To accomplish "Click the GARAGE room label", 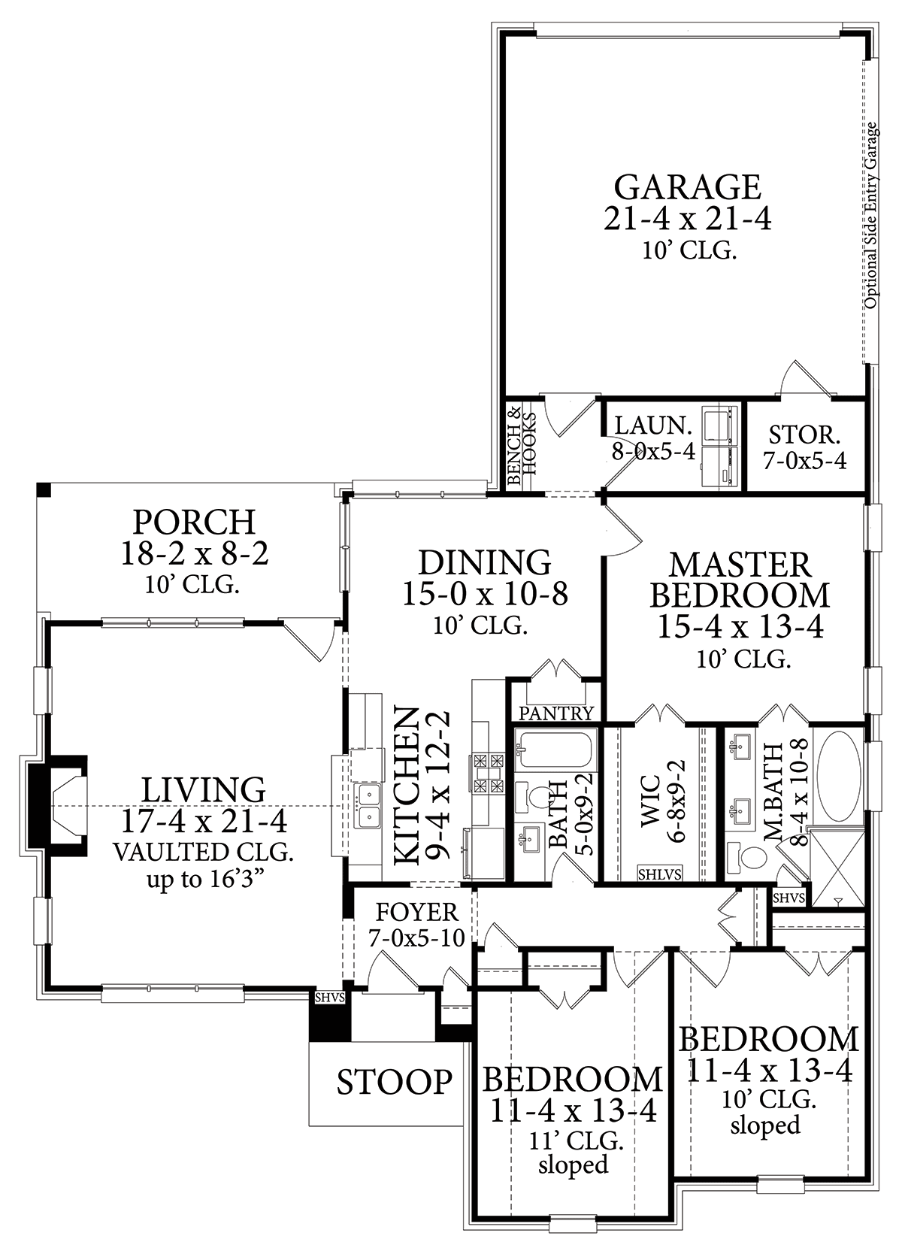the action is [x=688, y=187].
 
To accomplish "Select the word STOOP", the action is [x=395, y=1082].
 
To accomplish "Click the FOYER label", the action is [x=416, y=913].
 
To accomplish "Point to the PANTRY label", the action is [x=555, y=713].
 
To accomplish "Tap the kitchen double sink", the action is [x=368, y=804].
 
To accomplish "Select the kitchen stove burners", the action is [x=488, y=774].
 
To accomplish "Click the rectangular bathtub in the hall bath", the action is [x=555, y=748].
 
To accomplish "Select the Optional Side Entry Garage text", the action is [x=870, y=216].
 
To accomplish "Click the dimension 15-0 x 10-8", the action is [x=485, y=594].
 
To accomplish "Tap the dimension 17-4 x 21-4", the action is [x=204, y=820].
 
